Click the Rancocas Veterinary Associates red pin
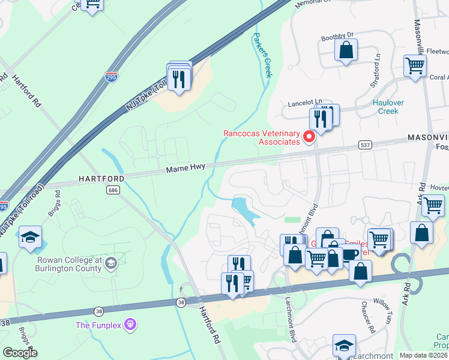coord(310,137)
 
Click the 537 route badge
coord(365,145)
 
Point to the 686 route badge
coord(112,190)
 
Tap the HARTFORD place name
coord(100,179)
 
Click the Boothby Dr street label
coord(338,36)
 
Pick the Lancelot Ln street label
coord(304,101)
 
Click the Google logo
coord(20,352)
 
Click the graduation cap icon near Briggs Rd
coord(30,238)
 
